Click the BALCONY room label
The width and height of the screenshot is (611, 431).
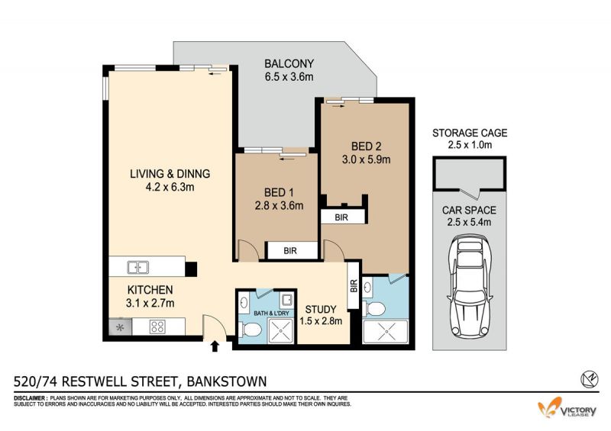coord(289,63)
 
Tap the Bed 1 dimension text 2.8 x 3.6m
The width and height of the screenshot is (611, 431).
coord(279,205)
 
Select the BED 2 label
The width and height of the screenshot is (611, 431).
coord(367,146)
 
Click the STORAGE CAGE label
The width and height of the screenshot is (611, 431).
coord(470,133)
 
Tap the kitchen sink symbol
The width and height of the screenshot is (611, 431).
coord(138,268)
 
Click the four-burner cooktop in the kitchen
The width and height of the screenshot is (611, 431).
coord(158,326)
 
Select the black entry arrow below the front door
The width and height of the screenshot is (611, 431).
coord(215,346)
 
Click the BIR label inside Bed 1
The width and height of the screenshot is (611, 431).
coord(290,251)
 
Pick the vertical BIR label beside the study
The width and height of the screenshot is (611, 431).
coord(354,286)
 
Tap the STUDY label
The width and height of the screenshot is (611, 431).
coord(321,310)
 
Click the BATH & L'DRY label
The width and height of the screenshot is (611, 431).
coord(272,313)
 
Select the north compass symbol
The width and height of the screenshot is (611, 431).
coord(590,379)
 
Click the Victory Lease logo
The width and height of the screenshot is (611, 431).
coord(567,408)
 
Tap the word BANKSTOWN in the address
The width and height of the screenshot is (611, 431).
coord(227,381)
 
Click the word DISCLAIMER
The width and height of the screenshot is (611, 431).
coord(31,398)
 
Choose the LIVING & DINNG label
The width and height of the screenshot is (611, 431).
coord(170,174)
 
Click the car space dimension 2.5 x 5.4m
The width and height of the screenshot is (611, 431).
coord(469,222)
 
